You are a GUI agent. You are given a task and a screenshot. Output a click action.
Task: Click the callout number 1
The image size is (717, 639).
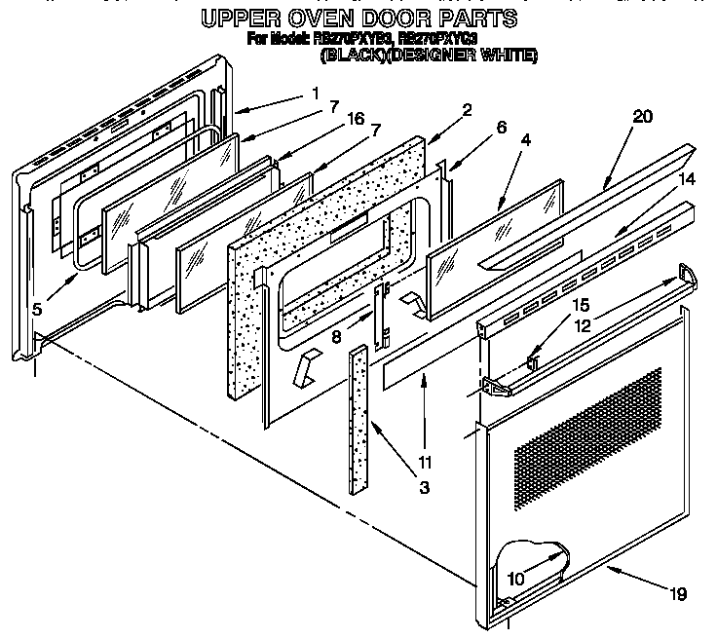point(315,94)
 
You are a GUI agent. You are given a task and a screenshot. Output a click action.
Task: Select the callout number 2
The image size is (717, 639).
point(467,110)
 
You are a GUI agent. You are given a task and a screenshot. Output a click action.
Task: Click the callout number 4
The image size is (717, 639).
point(526,140)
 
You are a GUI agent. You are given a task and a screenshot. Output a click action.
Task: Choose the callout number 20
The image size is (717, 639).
point(641,117)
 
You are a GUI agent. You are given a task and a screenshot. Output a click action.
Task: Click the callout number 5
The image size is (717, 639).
point(36,311)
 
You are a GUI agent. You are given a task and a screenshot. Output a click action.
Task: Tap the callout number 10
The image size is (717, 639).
point(517,578)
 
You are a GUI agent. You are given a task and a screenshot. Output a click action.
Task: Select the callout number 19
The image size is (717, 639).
point(678,592)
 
